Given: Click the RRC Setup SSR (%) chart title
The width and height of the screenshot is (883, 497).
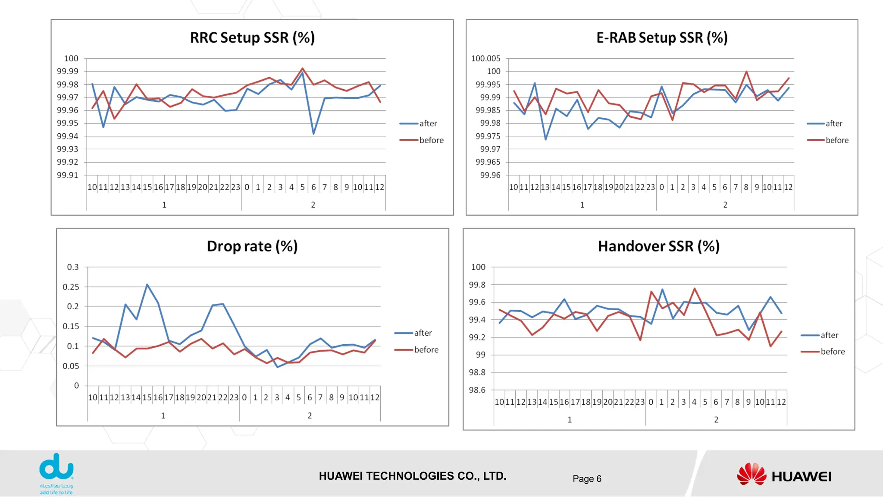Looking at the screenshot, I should point(252,38).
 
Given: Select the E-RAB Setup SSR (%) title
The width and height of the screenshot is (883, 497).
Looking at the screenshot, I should point(662,38).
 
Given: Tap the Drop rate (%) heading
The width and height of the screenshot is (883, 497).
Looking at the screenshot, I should point(252,246).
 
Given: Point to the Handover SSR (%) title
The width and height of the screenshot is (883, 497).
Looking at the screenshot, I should point(658,246).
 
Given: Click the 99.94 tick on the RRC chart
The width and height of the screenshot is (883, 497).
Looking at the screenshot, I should point(68,136).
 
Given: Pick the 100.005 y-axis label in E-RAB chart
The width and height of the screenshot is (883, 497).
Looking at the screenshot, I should point(485,59).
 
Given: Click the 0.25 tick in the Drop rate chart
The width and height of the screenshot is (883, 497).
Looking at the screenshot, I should point(71,287).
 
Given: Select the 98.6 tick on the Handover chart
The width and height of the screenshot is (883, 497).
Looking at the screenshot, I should point(477,390).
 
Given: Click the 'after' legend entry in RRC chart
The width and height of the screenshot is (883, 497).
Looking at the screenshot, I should point(428,124).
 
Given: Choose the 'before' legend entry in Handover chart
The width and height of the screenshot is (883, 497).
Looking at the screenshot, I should point(832,352).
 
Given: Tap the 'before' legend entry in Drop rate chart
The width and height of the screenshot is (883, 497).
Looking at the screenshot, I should point(426,350).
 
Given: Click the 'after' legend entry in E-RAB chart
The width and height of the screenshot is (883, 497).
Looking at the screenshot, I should point(833,124).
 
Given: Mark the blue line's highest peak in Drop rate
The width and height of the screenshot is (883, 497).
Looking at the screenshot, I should point(147,284).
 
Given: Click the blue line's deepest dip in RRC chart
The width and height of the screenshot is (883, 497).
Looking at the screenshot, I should point(313,134).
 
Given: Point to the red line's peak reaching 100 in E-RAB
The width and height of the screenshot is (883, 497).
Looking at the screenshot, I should point(746,72).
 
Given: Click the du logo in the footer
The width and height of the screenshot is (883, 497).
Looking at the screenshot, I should point(56,468).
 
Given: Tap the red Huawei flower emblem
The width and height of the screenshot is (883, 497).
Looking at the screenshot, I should point(751,474).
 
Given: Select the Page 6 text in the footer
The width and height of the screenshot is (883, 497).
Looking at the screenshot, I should point(587,479).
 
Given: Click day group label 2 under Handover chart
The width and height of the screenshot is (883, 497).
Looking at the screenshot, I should point(716,420).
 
